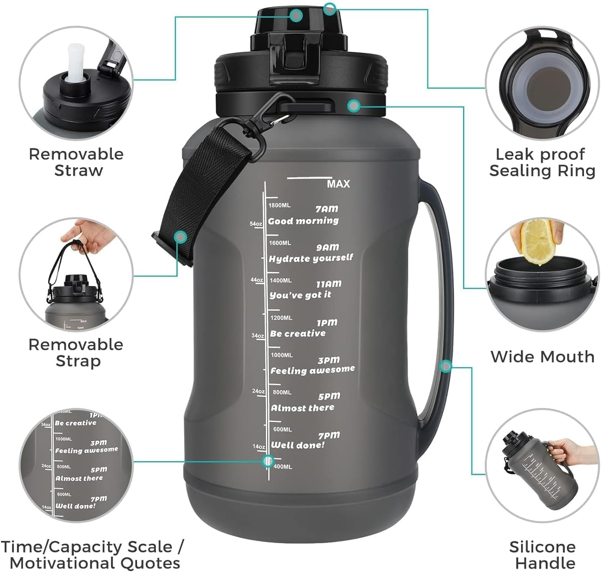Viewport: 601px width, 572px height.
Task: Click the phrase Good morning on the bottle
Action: pos(303,221)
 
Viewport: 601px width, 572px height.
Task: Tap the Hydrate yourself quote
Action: pos(310,258)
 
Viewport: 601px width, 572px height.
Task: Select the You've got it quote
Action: pos(300,295)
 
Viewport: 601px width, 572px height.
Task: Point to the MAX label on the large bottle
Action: pos(338,184)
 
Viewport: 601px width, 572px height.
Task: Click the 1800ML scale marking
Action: pos(280,205)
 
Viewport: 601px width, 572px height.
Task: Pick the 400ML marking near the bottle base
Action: pos(282,467)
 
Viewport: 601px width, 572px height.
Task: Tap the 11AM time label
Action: pos(329,284)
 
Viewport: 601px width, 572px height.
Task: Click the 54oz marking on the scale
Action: pos(256,224)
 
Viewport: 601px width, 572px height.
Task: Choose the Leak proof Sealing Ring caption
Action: pos(542,162)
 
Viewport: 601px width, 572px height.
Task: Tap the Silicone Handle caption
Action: pos(542,554)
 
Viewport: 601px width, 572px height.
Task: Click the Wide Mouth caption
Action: pos(542,356)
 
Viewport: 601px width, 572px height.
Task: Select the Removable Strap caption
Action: pos(76,353)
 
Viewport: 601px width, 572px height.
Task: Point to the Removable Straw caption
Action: pos(76,162)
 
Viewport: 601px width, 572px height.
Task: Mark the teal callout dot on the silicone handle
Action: pos(445,366)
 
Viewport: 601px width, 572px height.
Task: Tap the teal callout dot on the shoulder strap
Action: pos(180,237)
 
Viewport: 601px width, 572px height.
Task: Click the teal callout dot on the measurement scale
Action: pos(268,461)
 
